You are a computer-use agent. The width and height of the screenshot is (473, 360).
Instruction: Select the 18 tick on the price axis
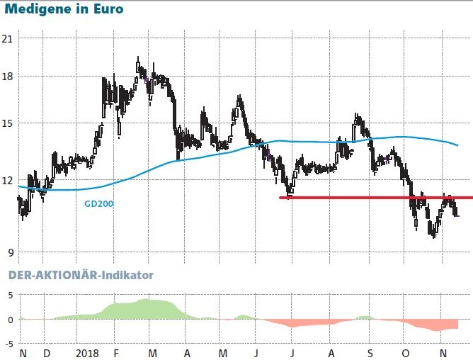9,77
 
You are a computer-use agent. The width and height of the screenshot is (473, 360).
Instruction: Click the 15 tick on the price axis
9,123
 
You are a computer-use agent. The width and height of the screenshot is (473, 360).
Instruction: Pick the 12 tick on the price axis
9,180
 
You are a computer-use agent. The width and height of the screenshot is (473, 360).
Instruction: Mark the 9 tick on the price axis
9,251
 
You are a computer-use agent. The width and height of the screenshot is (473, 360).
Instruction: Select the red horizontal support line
354,197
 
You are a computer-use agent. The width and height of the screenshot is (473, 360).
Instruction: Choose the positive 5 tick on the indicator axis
10,295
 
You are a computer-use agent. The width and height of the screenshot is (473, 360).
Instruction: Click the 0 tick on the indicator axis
10,320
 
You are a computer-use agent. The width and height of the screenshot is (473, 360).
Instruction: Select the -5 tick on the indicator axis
8,344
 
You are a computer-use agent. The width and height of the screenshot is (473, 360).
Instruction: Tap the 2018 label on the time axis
87,353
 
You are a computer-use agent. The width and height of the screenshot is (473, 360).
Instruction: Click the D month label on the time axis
47,353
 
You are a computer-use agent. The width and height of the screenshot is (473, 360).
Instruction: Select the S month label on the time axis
370,353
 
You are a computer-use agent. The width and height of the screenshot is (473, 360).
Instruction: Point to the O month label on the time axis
406,353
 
